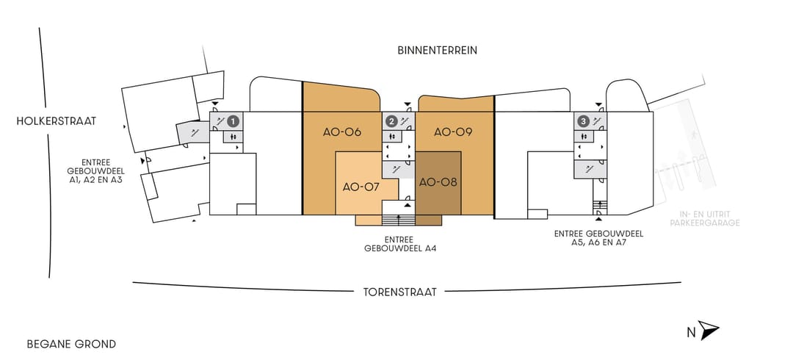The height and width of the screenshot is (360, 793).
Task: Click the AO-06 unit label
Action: [x=342, y=133]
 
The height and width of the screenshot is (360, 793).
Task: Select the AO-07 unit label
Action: [x=361, y=187]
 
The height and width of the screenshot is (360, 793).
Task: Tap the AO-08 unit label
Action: [x=438, y=181]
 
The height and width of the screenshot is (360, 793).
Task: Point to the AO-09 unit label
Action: [x=453, y=133]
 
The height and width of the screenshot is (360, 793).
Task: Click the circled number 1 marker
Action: [x=233, y=121]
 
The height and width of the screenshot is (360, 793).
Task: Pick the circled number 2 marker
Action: [x=391, y=121]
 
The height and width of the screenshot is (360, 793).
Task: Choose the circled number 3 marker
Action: [x=584, y=121]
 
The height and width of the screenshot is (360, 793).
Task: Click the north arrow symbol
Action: [x=709, y=330]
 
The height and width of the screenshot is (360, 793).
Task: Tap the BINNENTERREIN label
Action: [x=438, y=51]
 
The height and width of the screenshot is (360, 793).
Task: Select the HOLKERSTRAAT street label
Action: [x=56, y=121]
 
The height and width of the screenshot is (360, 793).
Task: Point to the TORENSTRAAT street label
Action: [x=399, y=292]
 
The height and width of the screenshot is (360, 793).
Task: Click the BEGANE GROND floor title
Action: [x=71, y=345]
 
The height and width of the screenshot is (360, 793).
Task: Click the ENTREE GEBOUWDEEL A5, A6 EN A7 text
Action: [x=599, y=238]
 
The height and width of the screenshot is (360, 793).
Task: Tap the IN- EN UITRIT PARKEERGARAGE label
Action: [x=704, y=219]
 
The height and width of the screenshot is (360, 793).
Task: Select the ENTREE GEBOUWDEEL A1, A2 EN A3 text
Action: [x=96, y=171]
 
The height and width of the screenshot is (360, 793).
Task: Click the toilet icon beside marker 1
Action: [x=233, y=136]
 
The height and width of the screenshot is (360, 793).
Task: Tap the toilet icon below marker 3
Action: [x=584, y=136]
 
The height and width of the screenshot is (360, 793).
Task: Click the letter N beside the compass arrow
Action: [x=691, y=333]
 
